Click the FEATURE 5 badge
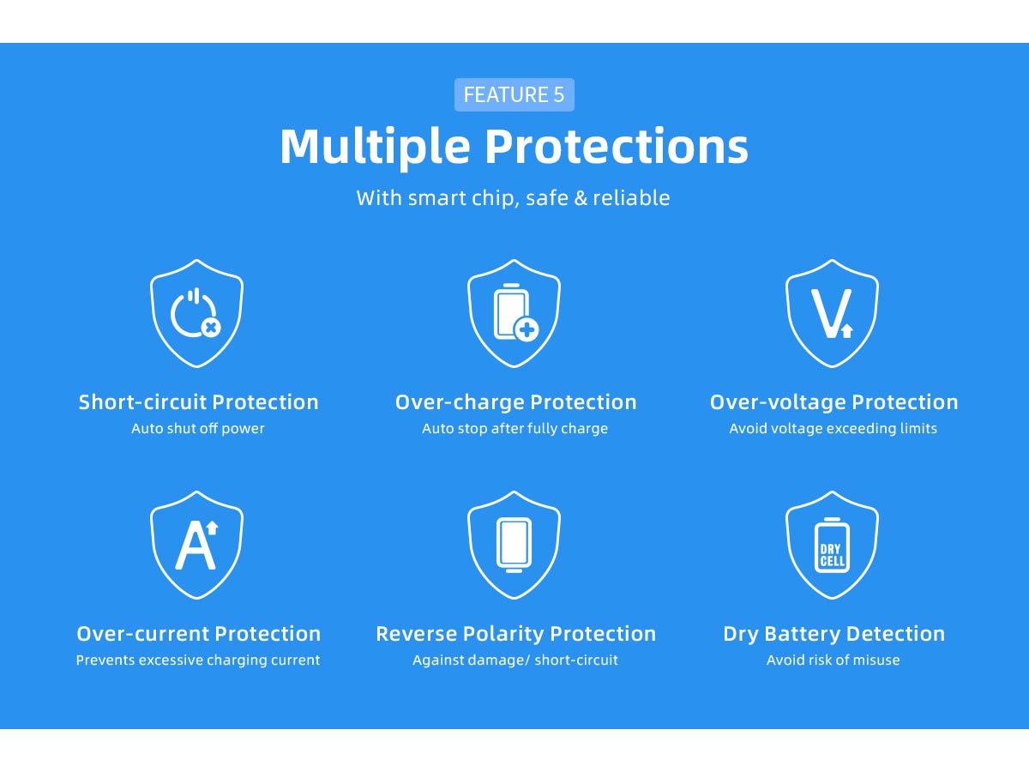coord(514,94)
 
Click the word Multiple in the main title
coord(375,147)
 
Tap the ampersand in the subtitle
coord(581,198)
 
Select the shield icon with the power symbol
coord(196,314)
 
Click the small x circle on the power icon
coord(211,328)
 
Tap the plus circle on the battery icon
coord(527,330)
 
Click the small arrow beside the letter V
coord(847,330)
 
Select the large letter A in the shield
coord(195,547)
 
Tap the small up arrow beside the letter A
coord(213,528)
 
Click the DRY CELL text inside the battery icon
coord(832,556)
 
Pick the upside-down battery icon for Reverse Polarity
coord(514,546)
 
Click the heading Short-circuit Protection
coord(198,402)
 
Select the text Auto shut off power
coord(198,428)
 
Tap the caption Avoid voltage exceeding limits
coord(833,428)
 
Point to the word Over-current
coord(143,634)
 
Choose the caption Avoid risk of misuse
coord(833,660)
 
